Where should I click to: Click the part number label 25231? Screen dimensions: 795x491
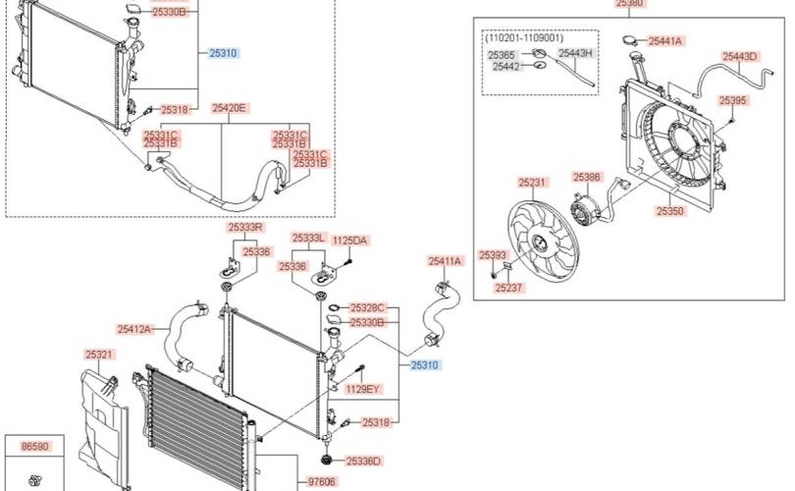[x=532, y=182]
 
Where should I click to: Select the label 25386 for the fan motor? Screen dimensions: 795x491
[x=587, y=177]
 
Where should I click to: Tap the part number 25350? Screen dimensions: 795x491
[x=669, y=211]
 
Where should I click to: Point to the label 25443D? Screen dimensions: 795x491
[x=739, y=57]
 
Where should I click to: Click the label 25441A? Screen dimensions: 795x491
[x=665, y=41]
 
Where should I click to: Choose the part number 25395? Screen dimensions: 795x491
[x=732, y=100]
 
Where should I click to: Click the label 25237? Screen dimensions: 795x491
[x=508, y=288]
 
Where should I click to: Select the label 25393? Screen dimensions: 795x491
[x=493, y=255]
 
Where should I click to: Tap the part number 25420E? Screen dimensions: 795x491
[x=229, y=108]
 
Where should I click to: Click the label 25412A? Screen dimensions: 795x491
[x=134, y=329]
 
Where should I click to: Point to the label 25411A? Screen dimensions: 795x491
[x=446, y=261]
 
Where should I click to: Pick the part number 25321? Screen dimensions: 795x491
[x=99, y=355]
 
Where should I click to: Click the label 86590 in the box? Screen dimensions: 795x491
[x=35, y=447]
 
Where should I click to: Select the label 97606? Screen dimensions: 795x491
[x=322, y=481]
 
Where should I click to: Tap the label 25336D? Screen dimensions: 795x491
[x=363, y=462]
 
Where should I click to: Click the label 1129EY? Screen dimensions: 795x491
[x=362, y=389]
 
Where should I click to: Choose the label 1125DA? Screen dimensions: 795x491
[x=349, y=241]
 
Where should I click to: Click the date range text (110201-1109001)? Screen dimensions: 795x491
[x=524, y=38]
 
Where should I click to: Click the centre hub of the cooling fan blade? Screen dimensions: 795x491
[x=541, y=244]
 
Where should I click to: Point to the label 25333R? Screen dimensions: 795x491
[x=246, y=227]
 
